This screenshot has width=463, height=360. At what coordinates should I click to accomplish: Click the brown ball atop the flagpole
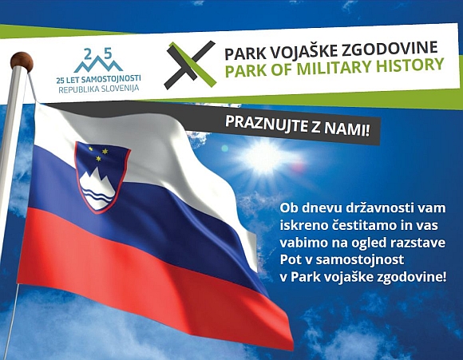click(22, 61)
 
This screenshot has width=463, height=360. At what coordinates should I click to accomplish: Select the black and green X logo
click(191, 65)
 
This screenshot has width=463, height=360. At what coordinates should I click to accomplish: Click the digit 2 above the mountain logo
click(88, 54)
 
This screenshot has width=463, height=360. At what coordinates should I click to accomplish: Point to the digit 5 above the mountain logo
click(109, 53)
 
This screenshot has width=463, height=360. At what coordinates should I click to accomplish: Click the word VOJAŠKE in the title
click(301, 50)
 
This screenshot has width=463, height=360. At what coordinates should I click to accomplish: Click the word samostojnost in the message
click(360, 259)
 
